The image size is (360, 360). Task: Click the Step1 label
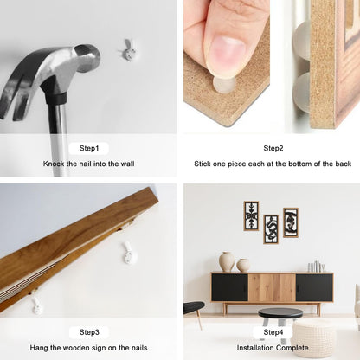click(x=89, y=149)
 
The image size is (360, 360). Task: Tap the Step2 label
click(x=273, y=149)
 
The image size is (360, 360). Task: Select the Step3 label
click(x=89, y=332)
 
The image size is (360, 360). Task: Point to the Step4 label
click(x=273, y=332)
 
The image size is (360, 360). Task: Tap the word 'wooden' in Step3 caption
click(x=76, y=348)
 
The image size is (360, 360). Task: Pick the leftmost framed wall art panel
click(x=251, y=216)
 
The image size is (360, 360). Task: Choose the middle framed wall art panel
click(x=271, y=229)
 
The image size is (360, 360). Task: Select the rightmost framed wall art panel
click(x=291, y=222)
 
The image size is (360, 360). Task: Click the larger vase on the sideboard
click(x=227, y=262)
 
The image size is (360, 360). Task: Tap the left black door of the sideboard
click(x=229, y=287)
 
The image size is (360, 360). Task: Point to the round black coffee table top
click(x=280, y=313)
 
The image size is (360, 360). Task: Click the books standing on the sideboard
click(x=316, y=267)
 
